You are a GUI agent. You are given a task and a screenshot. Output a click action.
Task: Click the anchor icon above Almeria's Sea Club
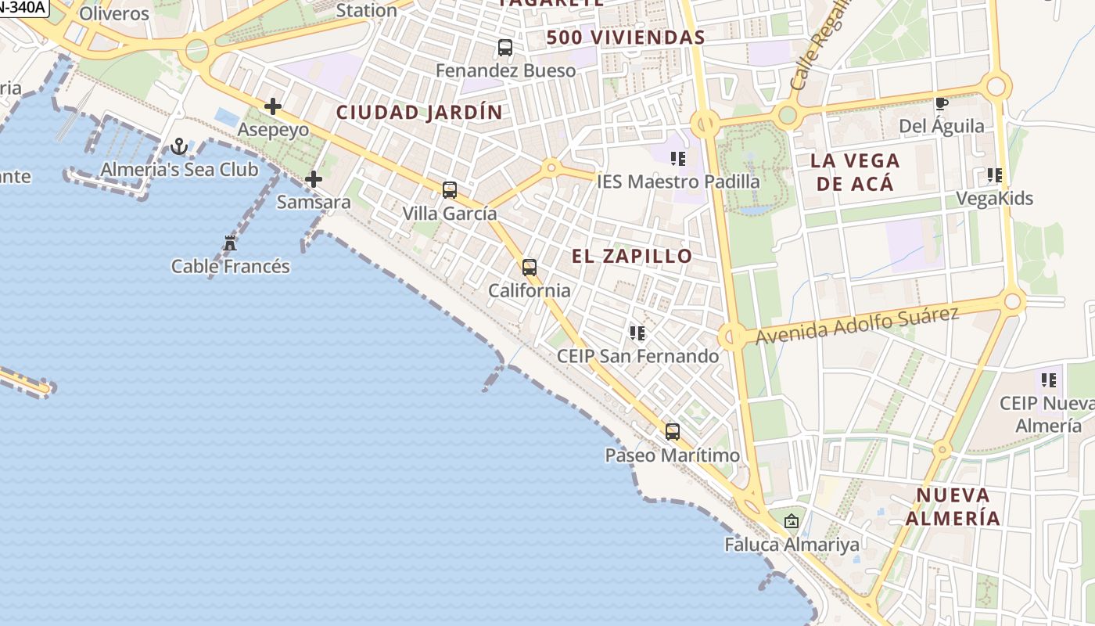[179, 146]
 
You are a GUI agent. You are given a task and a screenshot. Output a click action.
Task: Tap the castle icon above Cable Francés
[230, 243]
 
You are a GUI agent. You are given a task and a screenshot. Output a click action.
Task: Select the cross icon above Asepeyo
[273, 106]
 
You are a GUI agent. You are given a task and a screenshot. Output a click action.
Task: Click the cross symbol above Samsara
[314, 179]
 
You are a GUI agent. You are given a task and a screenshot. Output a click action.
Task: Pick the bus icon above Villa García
[450, 190]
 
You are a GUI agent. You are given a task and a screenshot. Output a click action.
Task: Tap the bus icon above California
[530, 268]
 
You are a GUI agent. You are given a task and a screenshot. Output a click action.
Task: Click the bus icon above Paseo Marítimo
[673, 432]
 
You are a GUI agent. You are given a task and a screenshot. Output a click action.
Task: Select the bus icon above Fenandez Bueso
[505, 48]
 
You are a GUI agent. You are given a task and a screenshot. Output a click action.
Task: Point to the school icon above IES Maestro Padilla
[678, 159]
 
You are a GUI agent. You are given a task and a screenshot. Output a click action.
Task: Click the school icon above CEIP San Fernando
[637, 333]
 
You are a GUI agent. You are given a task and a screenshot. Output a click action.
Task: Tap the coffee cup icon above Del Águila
[942, 103]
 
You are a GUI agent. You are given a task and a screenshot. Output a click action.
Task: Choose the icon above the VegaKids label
[995, 175]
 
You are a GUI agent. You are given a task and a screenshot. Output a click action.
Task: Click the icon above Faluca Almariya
[792, 521]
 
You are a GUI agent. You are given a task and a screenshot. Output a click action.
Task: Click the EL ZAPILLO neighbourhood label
[632, 256]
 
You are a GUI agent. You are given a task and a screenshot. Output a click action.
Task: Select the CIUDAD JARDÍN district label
[419, 112]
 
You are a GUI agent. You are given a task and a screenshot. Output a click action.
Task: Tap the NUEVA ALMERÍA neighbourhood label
[953, 506]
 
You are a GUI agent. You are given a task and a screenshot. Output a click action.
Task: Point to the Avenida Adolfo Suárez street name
[857, 325]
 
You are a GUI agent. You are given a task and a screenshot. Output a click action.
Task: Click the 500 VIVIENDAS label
[626, 37]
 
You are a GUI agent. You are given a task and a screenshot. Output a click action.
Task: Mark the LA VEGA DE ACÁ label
[855, 172]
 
